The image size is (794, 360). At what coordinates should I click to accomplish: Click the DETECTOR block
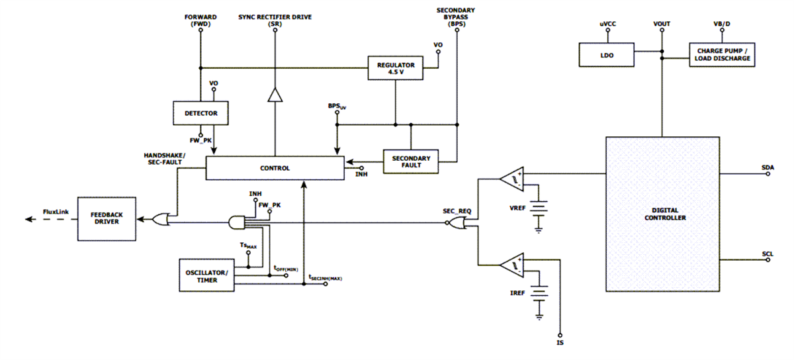tap(200, 113)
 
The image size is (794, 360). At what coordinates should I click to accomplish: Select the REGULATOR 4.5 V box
tap(395, 68)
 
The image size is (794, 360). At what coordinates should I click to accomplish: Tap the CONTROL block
tap(275, 168)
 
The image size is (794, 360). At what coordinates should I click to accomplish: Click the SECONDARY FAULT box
tap(411, 161)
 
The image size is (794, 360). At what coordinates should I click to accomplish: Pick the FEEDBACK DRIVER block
tap(107, 219)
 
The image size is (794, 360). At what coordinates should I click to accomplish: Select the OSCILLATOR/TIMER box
tap(207, 275)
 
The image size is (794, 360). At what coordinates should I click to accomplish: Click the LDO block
tap(607, 56)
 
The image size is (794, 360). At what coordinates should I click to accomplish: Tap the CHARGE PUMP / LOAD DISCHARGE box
tap(721, 54)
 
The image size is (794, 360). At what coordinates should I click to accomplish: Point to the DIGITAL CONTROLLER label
tap(662, 213)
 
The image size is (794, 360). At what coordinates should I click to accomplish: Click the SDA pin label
tap(768, 168)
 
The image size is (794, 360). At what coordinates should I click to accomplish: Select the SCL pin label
tap(768, 253)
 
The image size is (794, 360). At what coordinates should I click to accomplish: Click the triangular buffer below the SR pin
tap(275, 97)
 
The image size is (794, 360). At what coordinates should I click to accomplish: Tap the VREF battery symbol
tap(539, 210)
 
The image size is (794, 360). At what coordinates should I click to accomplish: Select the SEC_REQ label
tap(455, 210)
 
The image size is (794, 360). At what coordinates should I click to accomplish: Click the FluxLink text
tap(56, 211)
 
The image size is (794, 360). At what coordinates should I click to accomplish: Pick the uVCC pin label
tap(607, 24)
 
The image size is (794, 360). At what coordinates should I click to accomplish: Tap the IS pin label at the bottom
tap(560, 343)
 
